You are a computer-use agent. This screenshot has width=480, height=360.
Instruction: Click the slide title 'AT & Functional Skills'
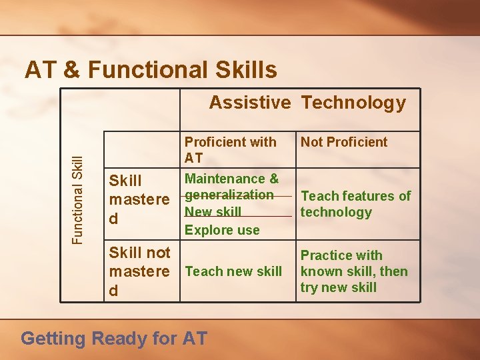point(151,69)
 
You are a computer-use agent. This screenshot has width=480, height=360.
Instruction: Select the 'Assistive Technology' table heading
point(307,103)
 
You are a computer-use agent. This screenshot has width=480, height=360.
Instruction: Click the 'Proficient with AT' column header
point(230,149)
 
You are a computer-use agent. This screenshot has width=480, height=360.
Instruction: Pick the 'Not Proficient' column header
point(343,142)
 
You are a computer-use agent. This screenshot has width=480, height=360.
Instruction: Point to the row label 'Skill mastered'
point(139,199)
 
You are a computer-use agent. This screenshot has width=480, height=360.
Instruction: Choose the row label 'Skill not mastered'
point(139,271)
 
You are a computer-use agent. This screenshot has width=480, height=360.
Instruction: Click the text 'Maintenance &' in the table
point(231,179)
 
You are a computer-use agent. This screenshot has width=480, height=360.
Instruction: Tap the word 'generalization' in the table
point(229,195)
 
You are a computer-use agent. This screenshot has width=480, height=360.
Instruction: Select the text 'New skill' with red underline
point(213,212)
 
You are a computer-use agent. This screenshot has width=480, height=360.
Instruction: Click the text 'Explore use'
point(222,230)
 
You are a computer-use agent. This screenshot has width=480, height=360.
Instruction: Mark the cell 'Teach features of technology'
point(355,204)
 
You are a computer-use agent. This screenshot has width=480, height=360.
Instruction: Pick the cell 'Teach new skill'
point(233,271)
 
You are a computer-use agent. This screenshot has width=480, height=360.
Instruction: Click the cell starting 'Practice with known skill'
point(354,271)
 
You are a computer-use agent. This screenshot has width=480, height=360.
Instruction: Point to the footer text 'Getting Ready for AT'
point(114,339)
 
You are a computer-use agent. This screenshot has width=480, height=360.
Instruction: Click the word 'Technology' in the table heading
point(353,103)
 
